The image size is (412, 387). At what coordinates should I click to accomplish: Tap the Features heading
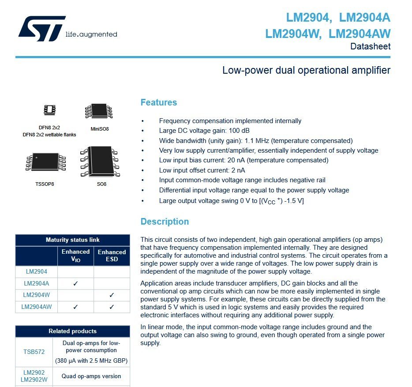click(158, 102)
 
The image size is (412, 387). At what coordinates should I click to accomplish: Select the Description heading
click(165, 222)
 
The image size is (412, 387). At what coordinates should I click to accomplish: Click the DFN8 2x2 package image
click(49, 109)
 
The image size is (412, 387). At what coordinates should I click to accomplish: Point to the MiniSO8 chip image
click(99, 111)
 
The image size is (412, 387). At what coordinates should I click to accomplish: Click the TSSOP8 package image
click(45, 162)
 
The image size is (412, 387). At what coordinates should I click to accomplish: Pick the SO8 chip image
click(100, 162)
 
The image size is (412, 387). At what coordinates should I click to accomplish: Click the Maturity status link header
click(72, 240)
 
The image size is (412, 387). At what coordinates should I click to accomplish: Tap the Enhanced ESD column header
click(112, 255)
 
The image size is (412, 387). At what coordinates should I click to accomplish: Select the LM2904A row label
click(36, 284)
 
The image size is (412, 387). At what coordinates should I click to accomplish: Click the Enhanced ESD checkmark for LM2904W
click(112, 295)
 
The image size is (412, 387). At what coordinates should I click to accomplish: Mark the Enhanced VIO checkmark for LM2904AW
click(75, 307)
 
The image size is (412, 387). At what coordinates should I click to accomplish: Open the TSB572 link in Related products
click(34, 352)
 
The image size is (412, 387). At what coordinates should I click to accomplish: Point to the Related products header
click(72, 331)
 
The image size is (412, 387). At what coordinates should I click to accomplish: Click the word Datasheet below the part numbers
click(370, 46)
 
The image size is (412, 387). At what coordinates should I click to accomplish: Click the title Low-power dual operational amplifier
click(306, 70)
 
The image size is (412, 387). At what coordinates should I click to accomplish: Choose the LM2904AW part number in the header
click(360, 34)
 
